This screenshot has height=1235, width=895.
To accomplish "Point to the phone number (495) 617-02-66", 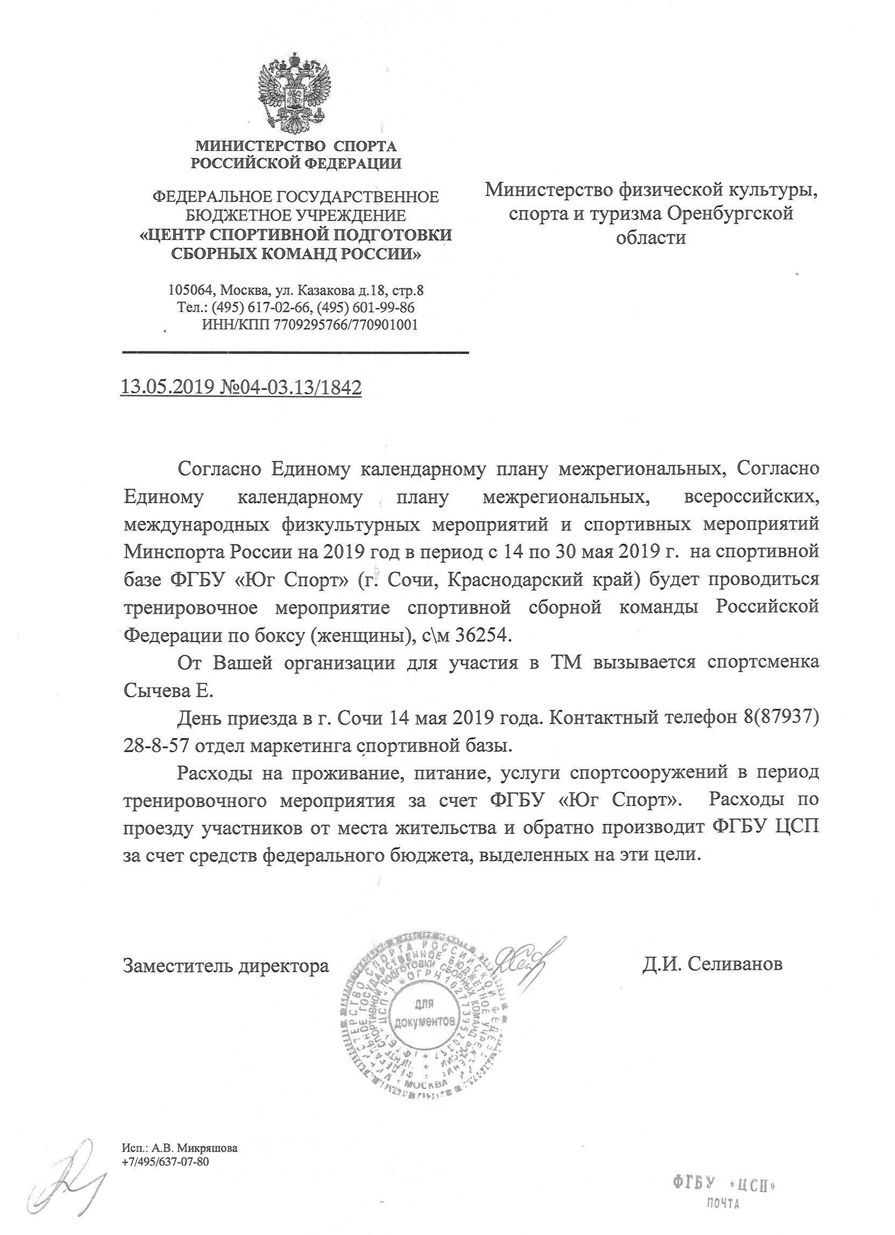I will [261, 308].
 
